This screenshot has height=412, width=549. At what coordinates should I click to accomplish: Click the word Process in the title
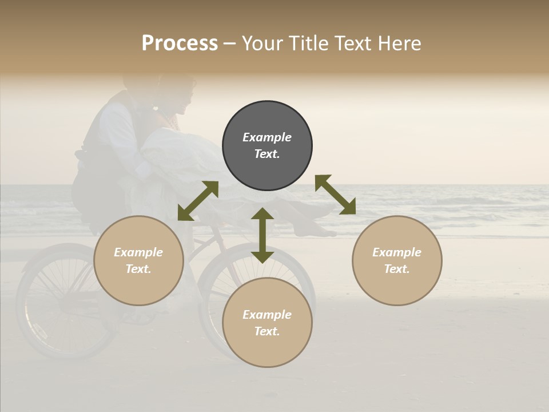(x=180, y=43)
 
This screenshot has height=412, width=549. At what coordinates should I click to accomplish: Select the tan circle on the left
(x=138, y=280)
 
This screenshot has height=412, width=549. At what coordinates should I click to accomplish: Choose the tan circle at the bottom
(x=267, y=349)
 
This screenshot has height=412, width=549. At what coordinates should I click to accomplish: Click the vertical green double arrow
(x=262, y=235)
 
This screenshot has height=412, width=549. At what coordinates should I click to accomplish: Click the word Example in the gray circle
(x=267, y=137)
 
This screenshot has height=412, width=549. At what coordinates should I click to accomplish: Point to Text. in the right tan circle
(x=397, y=269)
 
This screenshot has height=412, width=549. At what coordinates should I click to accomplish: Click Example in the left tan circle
(x=138, y=252)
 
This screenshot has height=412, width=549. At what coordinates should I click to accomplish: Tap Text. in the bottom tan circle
(x=267, y=331)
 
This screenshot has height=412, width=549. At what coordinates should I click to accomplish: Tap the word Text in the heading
(x=351, y=43)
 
